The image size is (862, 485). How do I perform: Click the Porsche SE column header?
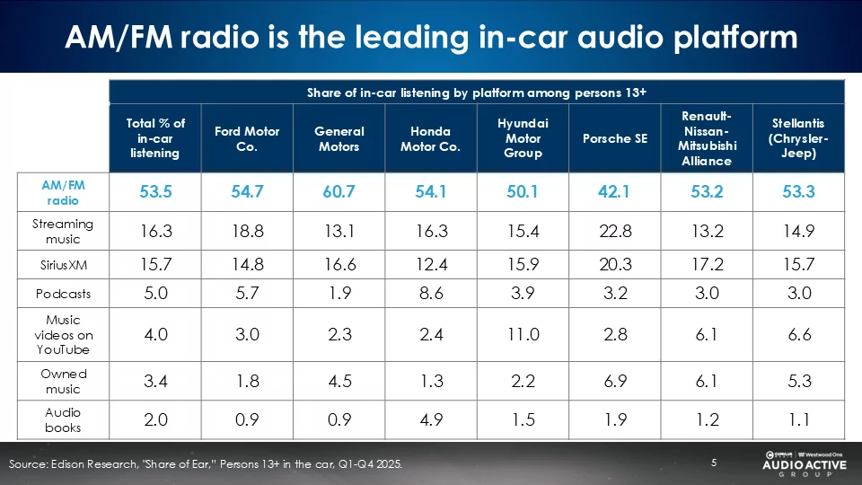point(614,138)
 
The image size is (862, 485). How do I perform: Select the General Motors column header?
point(339,138)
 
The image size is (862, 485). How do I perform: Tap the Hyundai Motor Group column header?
point(523,138)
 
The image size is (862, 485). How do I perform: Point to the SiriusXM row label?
point(63,263)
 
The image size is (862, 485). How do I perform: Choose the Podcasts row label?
point(63,294)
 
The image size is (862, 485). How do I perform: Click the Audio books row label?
point(63,419)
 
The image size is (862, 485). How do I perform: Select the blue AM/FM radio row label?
point(63,192)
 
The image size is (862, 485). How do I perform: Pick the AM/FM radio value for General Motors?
point(339,192)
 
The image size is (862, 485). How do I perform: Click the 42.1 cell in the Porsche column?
point(614,192)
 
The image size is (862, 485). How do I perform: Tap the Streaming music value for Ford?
point(247,232)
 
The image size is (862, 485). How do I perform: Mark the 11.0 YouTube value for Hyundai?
point(523,334)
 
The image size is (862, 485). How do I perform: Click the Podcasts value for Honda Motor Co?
point(430,294)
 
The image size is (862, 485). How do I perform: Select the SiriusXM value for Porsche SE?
point(614,263)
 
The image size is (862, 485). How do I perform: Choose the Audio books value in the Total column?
point(154,419)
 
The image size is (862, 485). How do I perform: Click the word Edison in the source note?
point(73,464)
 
